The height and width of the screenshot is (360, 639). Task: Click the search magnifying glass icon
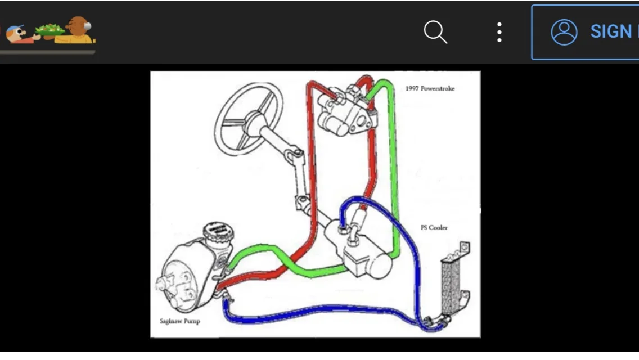point(435,32)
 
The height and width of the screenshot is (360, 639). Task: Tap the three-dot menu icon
point(499,32)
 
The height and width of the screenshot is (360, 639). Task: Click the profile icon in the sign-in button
point(564,32)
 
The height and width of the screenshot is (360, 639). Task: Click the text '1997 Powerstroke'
point(430,88)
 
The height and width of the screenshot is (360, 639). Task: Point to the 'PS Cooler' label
point(434,228)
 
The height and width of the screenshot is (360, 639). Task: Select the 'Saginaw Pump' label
point(179,321)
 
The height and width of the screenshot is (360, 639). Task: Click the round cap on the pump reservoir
point(218,231)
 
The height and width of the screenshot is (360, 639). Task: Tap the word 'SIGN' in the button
point(611,32)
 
